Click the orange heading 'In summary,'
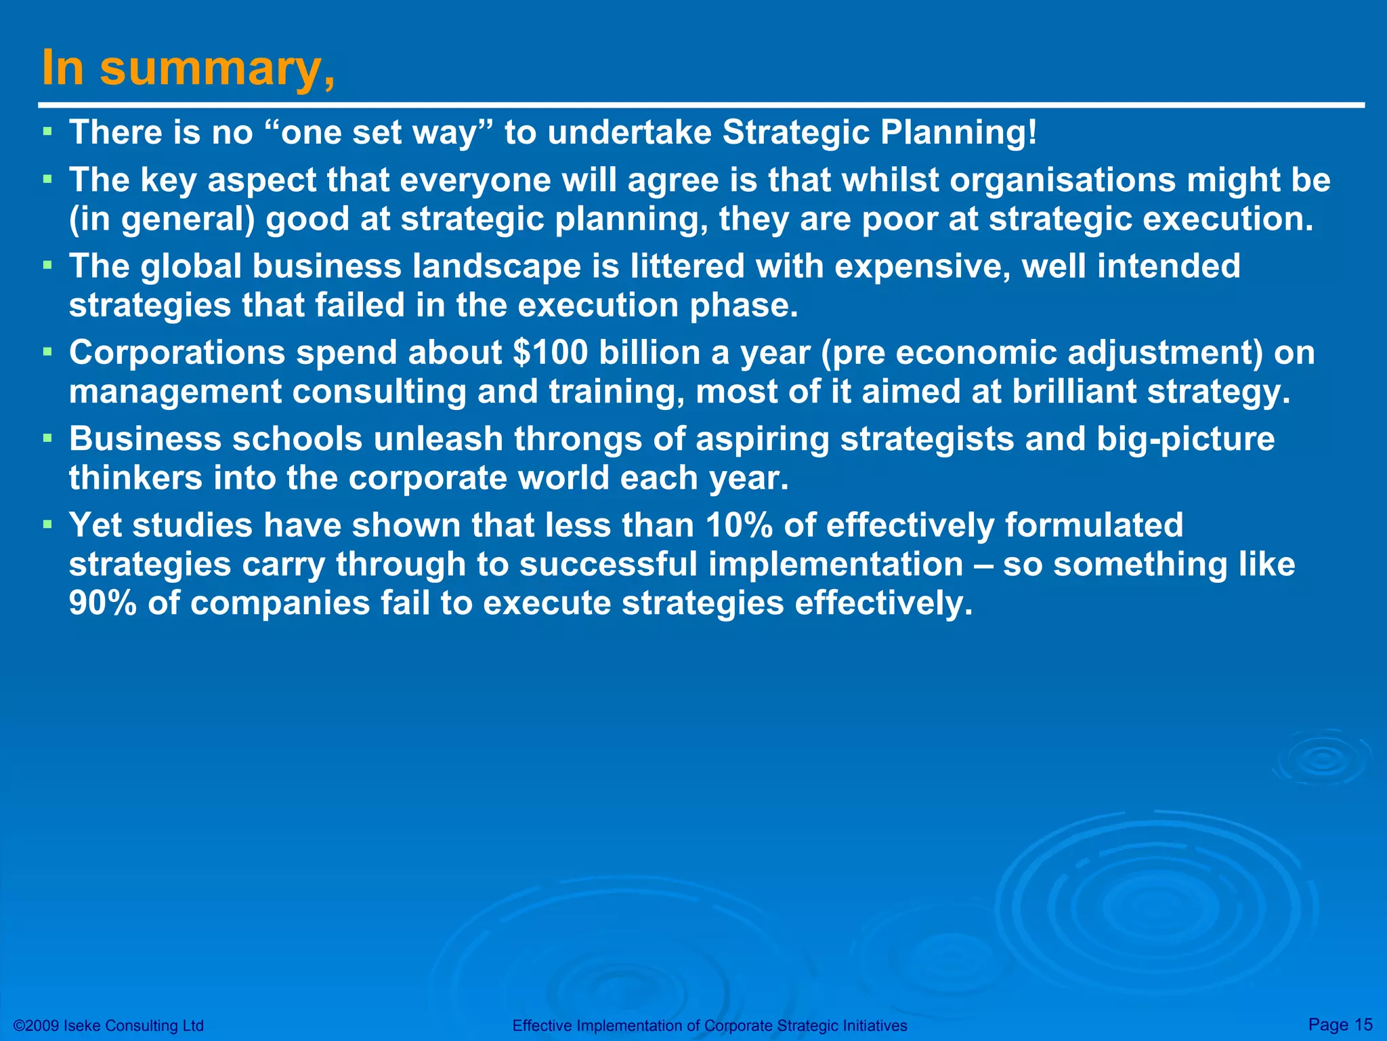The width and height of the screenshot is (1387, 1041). coord(188,69)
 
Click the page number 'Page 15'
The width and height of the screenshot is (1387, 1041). coord(1340,1024)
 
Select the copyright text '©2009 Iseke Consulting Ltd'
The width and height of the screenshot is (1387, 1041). coord(108,1025)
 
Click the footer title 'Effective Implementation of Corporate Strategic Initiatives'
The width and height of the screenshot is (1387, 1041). coord(709,1025)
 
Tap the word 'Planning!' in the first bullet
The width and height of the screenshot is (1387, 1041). coord(958,132)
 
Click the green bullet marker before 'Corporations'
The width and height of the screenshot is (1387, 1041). coord(47,352)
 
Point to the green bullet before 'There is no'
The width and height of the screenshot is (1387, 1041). coord(47,130)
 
